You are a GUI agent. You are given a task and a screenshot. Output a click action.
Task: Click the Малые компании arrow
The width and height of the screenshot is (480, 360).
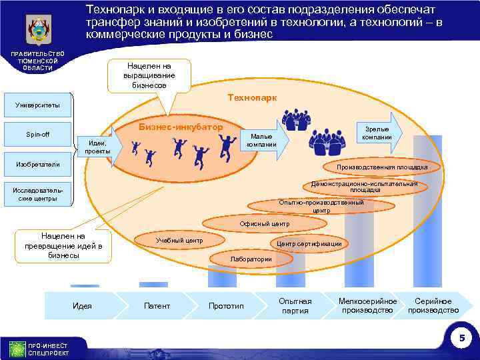(264, 140)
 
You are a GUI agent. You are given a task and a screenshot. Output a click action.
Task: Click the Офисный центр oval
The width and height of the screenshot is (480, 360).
(264, 223)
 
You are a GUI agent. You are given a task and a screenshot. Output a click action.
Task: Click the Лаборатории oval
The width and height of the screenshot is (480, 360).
(251, 259)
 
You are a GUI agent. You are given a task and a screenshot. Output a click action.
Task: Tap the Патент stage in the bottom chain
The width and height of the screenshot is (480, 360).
(157, 306)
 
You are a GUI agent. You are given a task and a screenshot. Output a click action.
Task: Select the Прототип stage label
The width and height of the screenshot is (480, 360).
(226, 306)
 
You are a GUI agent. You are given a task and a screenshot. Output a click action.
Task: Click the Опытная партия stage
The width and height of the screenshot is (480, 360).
(295, 306)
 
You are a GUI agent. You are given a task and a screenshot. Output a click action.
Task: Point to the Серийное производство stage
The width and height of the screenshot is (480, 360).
(433, 306)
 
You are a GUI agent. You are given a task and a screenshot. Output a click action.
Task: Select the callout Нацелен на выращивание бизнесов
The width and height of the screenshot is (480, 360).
(149, 75)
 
